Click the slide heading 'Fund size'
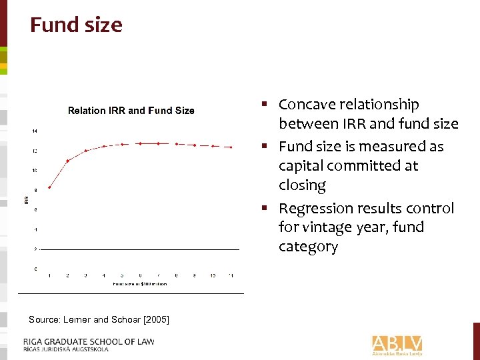[x=76, y=25]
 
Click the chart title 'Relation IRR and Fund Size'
[x=131, y=111]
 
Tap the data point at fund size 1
[x=49, y=187]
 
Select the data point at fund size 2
[x=68, y=161]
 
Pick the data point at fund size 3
[x=86, y=151]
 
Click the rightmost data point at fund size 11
[x=231, y=147]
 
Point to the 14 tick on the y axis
[x=35, y=131]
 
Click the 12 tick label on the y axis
[x=35, y=151]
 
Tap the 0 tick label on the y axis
[x=35, y=269]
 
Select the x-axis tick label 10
[x=213, y=276]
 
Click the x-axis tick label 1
[x=49, y=276]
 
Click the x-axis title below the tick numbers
[x=139, y=284]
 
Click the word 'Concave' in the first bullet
[x=307, y=105]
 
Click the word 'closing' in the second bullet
[x=302, y=185]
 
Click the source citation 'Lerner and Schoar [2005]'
[x=99, y=320]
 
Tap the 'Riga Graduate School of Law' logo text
[x=88, y=344]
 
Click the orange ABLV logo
[x=397, y=344]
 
